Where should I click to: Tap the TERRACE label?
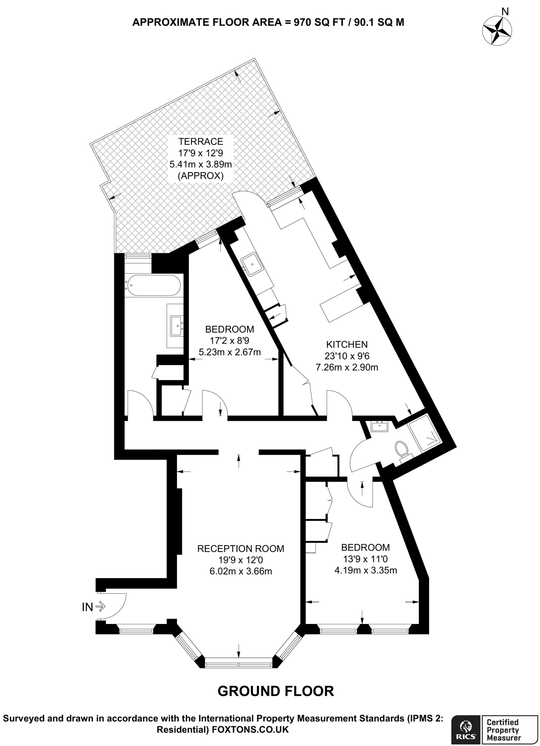pos(200,141)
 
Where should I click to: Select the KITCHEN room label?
pos(347,344)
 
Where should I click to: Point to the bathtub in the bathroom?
pos(153,286)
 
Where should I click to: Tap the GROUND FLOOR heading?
pos(275,691)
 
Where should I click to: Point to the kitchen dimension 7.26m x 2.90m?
pos(347,368)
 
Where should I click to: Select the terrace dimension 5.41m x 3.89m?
pos(200,164)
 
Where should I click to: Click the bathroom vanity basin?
pos(177,326)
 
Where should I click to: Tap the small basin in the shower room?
pos(380,426)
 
